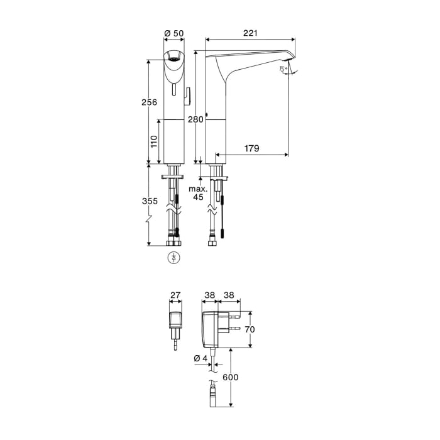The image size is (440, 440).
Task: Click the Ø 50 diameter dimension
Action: pos(173,33)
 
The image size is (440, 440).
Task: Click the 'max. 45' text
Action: pos(199,193)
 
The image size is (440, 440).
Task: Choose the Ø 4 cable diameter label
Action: pos(200,358)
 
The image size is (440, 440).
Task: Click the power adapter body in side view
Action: pos(209,328)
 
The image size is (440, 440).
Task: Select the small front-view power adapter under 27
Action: pos(174,322)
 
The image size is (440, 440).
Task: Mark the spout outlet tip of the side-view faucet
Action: pos(287,67)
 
